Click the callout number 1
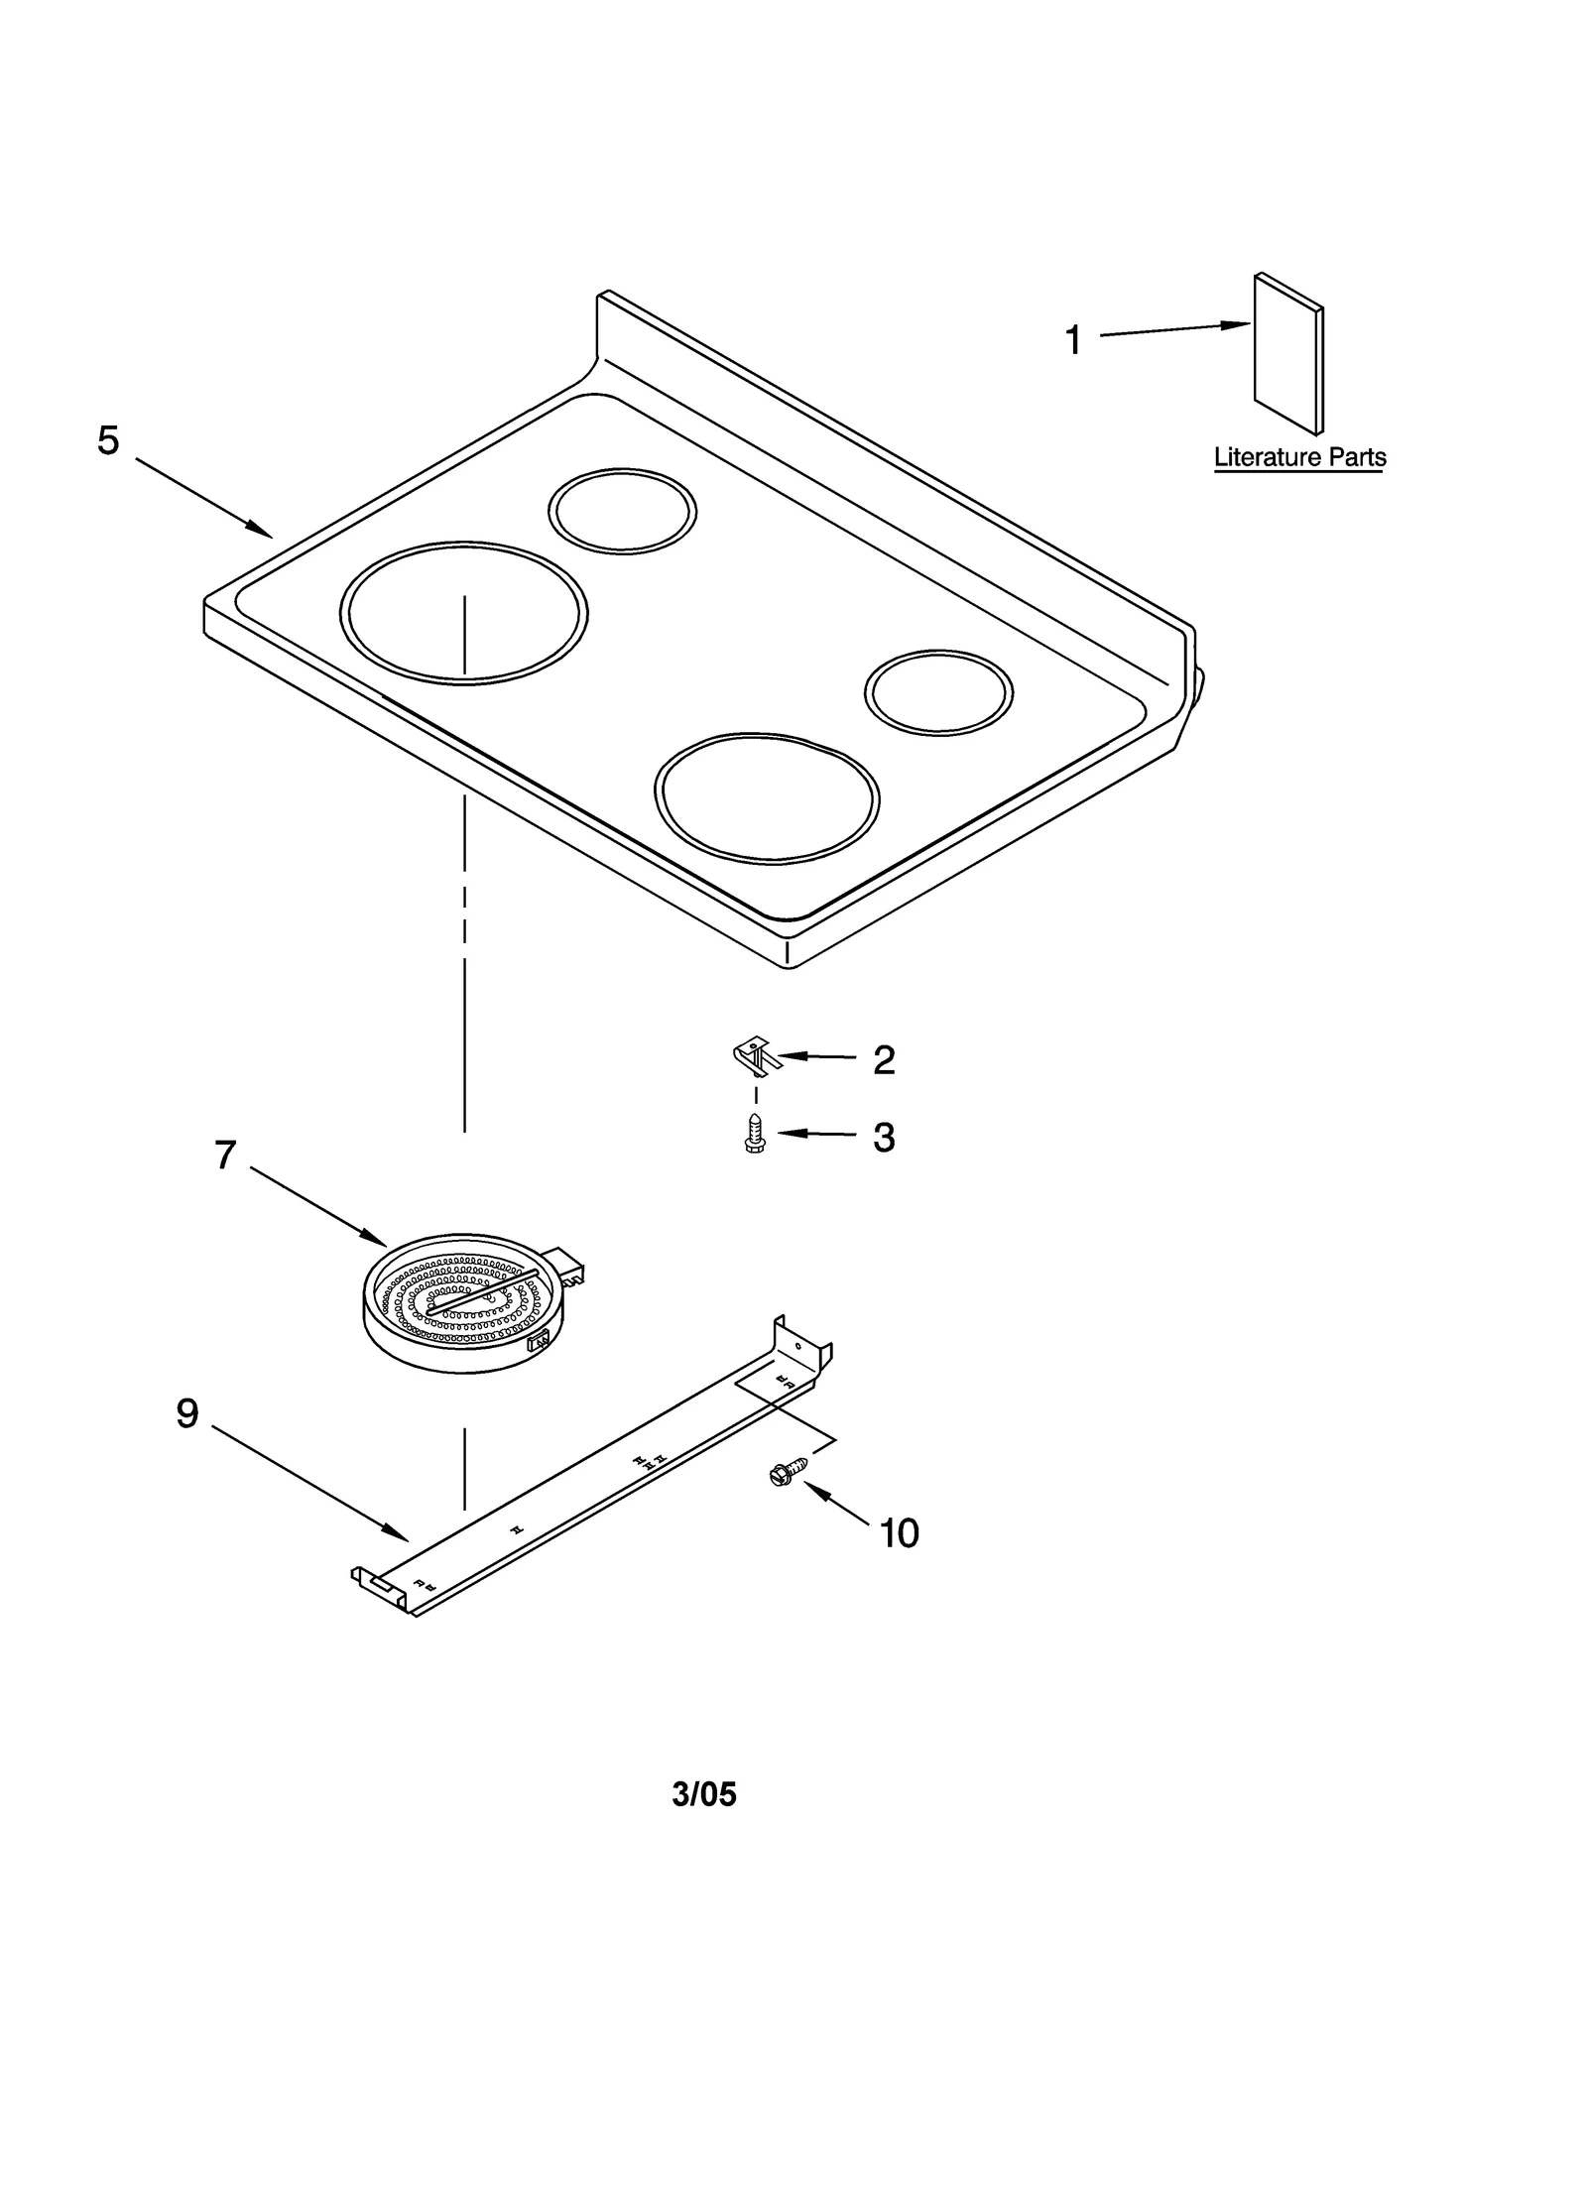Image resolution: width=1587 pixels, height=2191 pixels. pyautogui.click(x=1073, y=340)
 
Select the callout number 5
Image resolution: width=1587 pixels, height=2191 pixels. pyautogui.click(x=108, y=440)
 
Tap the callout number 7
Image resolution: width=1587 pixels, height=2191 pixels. pyautogui.click(x=226, y=1155)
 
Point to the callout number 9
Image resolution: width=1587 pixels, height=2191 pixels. pyautogui.click(x=187, y=1412)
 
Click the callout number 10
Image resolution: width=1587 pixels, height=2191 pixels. pyautogui.click(x=899, y=1533)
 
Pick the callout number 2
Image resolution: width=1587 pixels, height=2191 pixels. pyautogui.click(x=884, y=1060)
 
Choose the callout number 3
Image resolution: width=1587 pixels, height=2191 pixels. pyautogui.click(x=884, y=1138)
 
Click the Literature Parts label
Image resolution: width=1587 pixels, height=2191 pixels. pyautogui.click(x=1299, y=457)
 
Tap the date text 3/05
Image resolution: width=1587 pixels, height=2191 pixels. pyautogui.click(x=704, y=1794)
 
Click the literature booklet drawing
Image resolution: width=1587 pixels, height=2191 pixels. pyautogui.click(x=1287, y=354)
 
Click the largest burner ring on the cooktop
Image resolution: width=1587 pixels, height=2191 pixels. pyautogui.click(x=463, y=613)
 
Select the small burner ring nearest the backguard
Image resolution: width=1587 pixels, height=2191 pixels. pyautogui.click(x=622, y=511)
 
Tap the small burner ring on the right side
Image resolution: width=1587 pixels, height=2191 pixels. pyautogui.click(x=938, y=692)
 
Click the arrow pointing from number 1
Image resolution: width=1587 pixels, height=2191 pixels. pyautogui.click(x=1175, y=330)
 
